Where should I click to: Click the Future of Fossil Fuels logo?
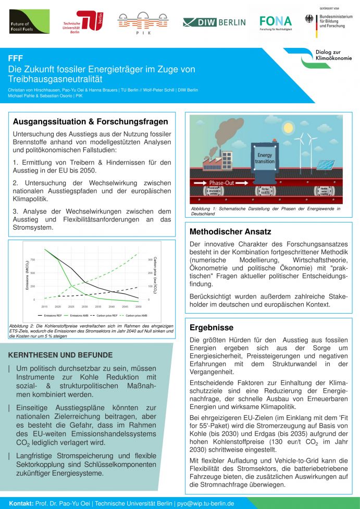(x=29, y=22)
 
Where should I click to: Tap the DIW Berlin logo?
(x=214, y=22)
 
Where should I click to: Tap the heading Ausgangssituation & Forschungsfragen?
(x=90, y=122)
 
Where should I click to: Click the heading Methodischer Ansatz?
(x=230, y=231)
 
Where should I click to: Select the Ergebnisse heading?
(x=211, y=328)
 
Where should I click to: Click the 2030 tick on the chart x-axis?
(x=84, y=307)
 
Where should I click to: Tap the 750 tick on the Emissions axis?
(x=32, y=259)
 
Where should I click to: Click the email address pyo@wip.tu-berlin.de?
(x=205, y=504)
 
